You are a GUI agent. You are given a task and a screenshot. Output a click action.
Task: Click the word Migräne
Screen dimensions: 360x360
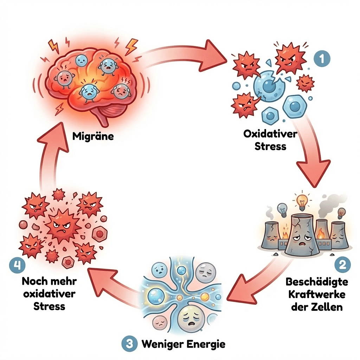click(93, 136)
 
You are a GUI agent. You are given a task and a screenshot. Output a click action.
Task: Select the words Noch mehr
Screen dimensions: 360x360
click(49, 282)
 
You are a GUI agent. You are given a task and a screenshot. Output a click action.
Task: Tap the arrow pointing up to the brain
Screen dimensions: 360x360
click(53, 155)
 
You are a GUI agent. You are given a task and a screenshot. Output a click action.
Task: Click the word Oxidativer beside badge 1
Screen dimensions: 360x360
click(270, 134)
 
